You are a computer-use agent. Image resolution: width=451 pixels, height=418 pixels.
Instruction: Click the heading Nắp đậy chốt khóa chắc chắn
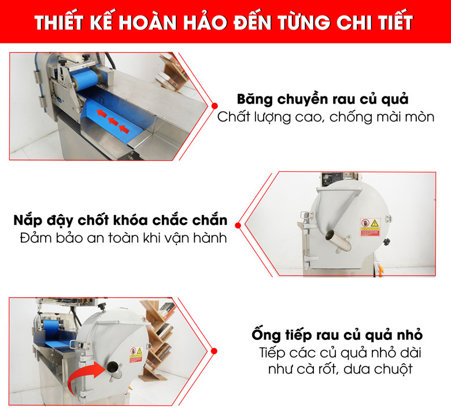tap(120, 221)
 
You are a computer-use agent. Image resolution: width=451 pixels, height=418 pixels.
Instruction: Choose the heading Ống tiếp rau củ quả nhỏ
tap(337, 335)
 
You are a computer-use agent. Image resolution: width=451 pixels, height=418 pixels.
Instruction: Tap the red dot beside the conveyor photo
tap(215, 106)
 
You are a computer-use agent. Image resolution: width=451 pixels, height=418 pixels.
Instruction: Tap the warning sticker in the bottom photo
tap(136, 352)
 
